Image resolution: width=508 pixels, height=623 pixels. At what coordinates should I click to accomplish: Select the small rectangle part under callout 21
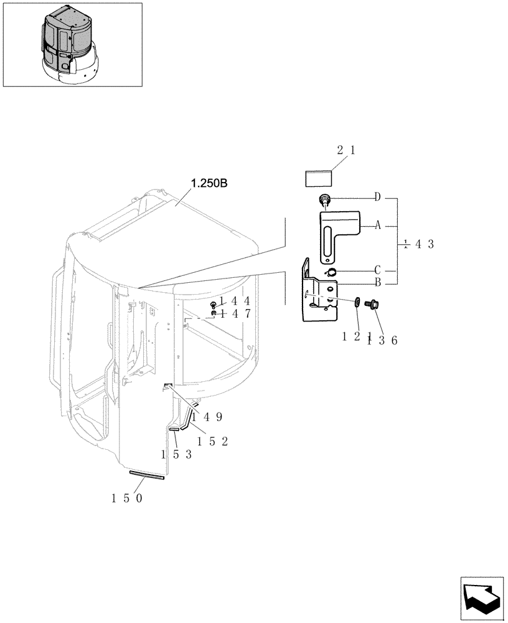[318, 179]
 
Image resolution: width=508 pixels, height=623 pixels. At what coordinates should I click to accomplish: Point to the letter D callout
[377, 197]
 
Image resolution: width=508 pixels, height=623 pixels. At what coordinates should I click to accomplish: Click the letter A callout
[377, 226]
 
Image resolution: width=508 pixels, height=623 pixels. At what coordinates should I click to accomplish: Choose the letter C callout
[377, 270]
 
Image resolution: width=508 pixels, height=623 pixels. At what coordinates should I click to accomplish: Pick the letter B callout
[377, 282]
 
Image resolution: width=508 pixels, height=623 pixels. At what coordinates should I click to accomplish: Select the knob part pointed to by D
[324, 200]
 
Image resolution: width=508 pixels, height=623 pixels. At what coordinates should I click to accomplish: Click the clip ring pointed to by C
[331, 272]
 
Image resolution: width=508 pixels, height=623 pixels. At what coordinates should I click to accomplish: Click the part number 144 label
[234, 302]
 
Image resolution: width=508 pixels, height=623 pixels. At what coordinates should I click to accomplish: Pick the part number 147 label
[234, 314]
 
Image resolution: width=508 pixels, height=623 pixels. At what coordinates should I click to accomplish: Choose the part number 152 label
[212, 441]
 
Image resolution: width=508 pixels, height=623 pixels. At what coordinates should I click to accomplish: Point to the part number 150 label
[127, 498]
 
